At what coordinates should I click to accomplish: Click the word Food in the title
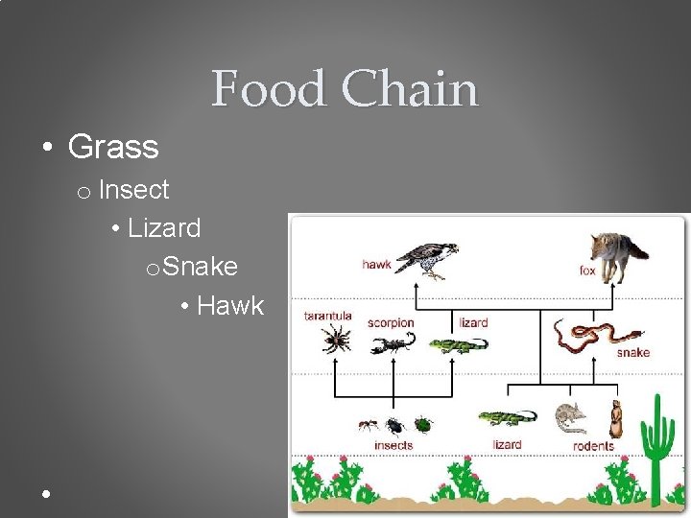(269, 89)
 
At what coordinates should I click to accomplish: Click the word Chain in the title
(409, 89)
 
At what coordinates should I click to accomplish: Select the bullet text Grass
(113, 147)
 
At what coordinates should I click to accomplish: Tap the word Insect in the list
(133, 190)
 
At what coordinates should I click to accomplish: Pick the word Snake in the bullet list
(201, 266)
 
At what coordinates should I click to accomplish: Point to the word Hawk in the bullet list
(230, 305)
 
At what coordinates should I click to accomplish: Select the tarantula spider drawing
(336, 338)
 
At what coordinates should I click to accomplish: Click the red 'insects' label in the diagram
(393, 445)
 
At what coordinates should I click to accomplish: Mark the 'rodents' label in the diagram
(593, 446)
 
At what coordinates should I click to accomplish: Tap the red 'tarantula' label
(328, 316)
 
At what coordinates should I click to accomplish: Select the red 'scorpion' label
(391, 322)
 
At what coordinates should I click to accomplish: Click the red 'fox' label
(587, 271)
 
